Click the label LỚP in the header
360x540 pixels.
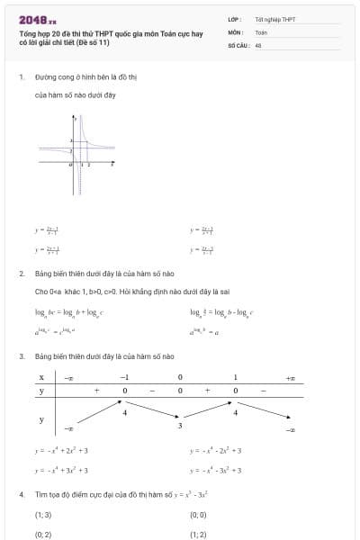[234, 19]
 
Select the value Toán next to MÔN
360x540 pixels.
[261, 31]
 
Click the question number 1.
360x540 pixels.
[21, 77]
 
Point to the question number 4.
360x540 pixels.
[21, 494]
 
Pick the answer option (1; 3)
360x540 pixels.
[43, 515]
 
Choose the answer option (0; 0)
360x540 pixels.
[199, 515]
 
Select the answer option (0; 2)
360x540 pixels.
[43, 534]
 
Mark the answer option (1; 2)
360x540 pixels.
[199, 534]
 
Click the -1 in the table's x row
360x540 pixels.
[125, 378]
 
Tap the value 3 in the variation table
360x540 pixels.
[180, 425]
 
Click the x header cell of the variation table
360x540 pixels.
[41, 378]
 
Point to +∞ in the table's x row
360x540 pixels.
[290, 378]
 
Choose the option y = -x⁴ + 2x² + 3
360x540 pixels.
[61, 450]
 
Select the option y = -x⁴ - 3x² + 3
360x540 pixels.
[216, 470]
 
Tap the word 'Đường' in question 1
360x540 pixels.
[44, 77]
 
